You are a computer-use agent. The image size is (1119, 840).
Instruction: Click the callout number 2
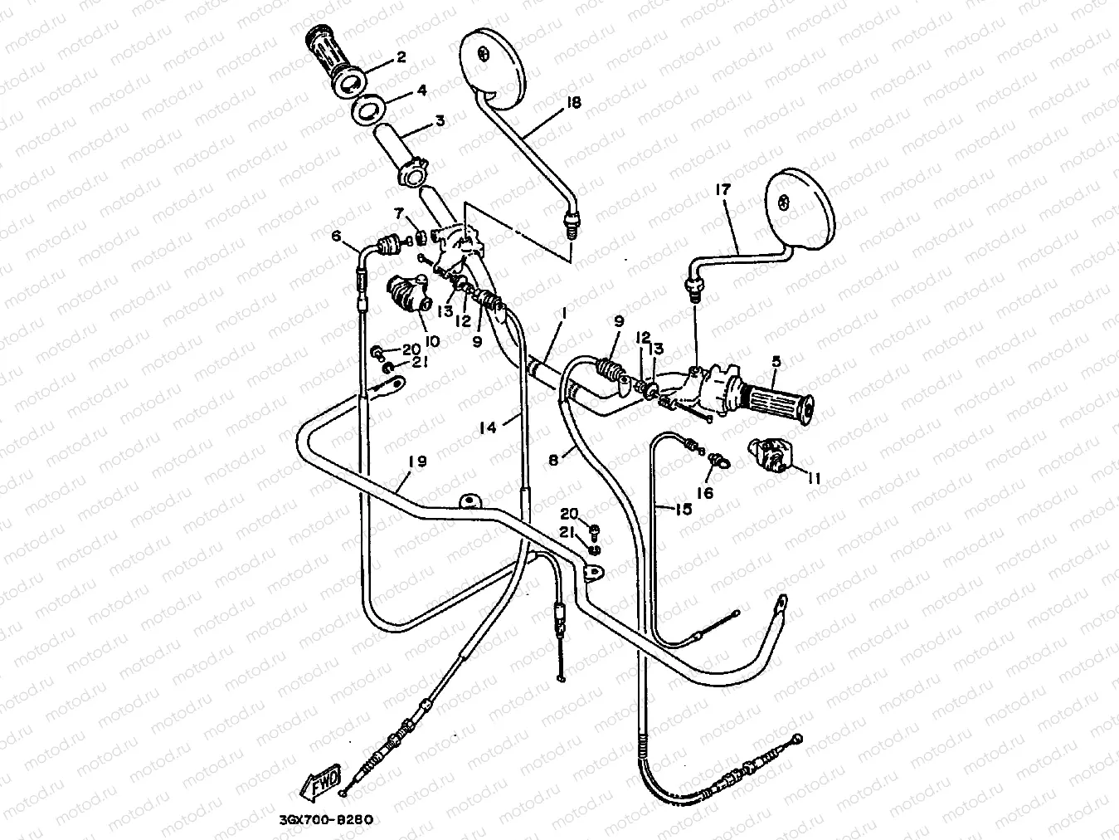(x=401, y=57)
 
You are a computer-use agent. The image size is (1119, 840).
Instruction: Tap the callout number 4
(x=421, y=90)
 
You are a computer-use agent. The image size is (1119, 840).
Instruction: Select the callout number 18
(x=573, y=102)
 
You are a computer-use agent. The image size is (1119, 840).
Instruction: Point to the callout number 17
(x=722, y=190)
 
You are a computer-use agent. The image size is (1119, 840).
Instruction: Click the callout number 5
(x=776, y=362)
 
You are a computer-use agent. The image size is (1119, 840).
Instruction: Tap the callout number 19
(x=417, y=461)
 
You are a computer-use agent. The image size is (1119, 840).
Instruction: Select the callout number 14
(x=489, y=427)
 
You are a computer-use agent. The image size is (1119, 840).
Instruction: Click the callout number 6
(x=336, y=237)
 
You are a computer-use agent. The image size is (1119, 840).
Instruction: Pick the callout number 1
(x=564, y=315)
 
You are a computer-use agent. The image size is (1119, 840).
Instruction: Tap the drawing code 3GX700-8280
(x=320, y=820)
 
